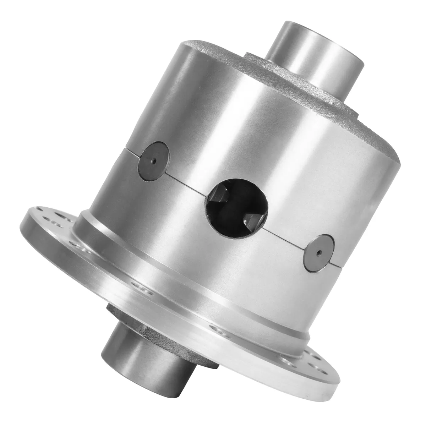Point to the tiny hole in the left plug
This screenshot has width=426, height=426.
[153, 160]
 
